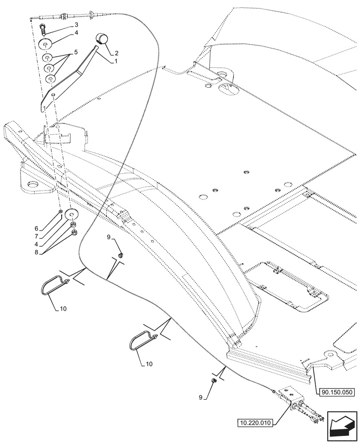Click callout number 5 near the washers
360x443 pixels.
76,52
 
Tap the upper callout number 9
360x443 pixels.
108,238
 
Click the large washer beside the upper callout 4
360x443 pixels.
46,44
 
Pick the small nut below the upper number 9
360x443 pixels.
121,255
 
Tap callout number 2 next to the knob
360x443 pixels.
117,53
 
